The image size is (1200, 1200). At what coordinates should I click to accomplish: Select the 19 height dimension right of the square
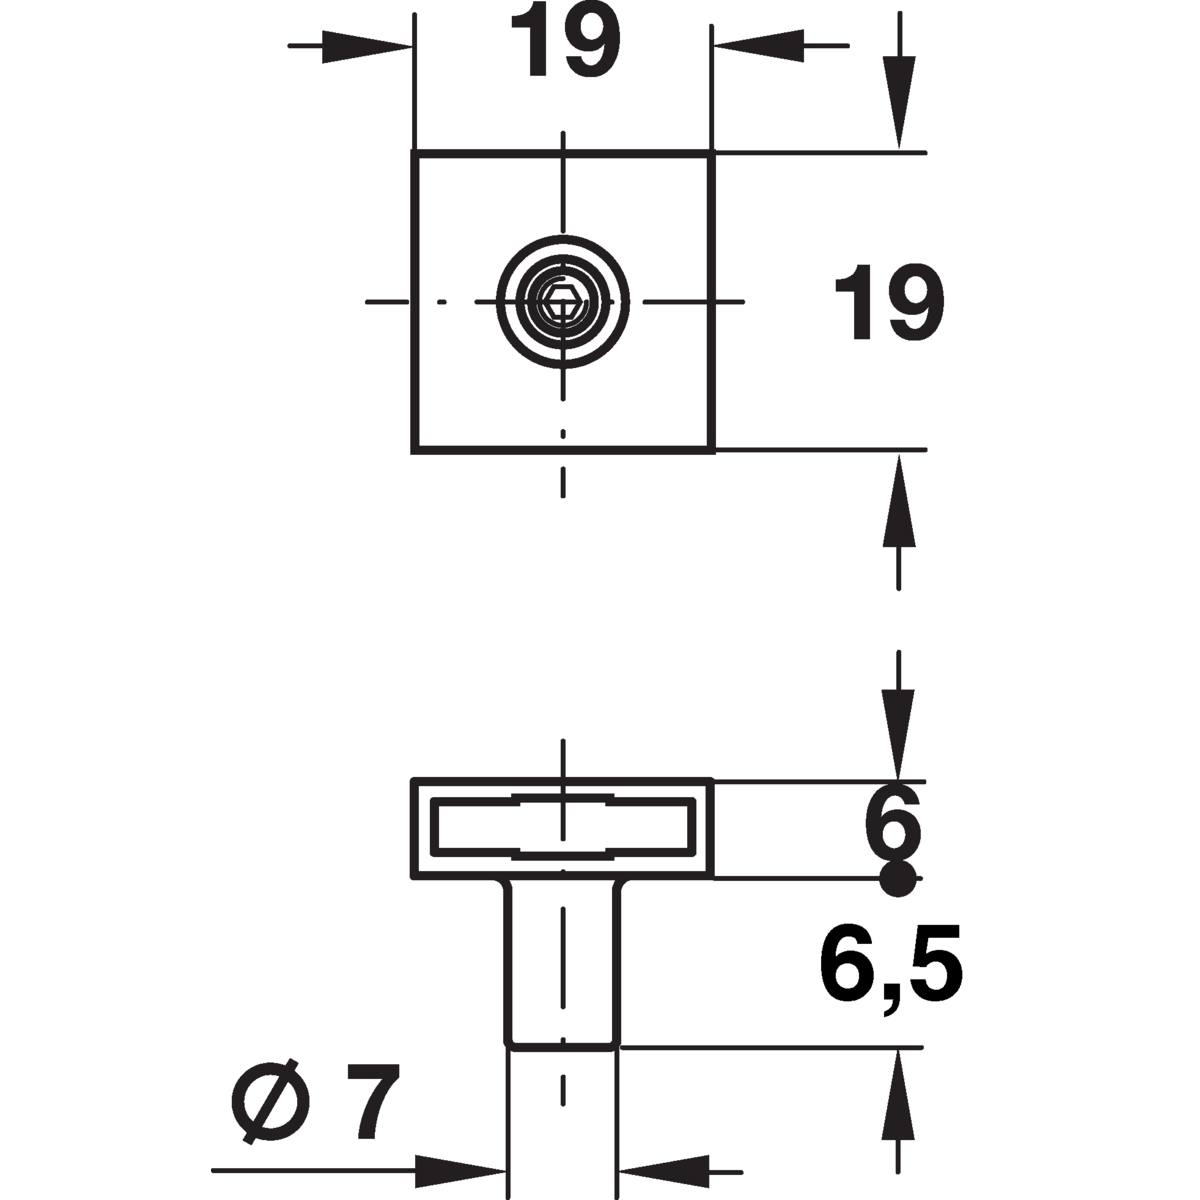pyautogui.click(x=889, y=302)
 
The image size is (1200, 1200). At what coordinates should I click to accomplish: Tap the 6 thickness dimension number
pyautogui.click(x=892, y=822)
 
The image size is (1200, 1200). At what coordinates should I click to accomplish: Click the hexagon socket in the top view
pyautogui.click(x=563, y=301)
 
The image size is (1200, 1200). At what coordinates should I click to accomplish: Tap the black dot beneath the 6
pyautogui.click(x=897, y=880)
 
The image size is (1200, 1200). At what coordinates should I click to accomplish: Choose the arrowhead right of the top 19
pyautogui.click(x=757, y=46)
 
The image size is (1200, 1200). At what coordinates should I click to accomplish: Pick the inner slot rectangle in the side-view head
pyautogui.click(x=563, y=829)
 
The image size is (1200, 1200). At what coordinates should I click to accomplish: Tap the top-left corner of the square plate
pyautogui.click(x=413, y=153)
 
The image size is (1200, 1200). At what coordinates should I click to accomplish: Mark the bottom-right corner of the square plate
pyautogui.click(x=712, y=451)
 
